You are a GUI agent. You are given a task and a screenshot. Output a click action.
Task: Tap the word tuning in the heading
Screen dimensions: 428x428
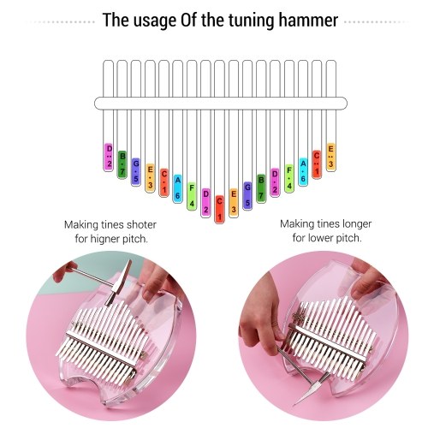point(252,21)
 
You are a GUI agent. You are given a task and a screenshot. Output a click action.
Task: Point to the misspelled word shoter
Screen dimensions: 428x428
point(141,224)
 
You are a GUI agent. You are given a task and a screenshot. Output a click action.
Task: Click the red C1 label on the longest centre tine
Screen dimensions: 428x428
point(219,209)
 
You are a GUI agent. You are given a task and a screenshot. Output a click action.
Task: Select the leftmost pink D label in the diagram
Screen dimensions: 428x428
point(109,157)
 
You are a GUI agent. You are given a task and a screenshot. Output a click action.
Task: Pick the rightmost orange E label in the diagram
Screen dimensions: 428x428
point(330,157)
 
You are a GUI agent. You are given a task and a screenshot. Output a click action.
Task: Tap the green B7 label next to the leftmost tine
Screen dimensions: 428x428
point(122,164)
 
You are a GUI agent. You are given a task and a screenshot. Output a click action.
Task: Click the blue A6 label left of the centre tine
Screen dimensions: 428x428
point(177,188)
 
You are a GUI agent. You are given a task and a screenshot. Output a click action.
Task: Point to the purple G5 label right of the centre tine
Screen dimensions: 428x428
point(247,196)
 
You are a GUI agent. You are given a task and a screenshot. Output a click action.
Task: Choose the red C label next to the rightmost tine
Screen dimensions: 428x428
point(317,164)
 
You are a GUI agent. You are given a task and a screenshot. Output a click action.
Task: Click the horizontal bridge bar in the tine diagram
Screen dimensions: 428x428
point(221,103)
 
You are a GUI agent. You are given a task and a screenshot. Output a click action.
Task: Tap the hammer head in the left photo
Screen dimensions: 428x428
point(119,282)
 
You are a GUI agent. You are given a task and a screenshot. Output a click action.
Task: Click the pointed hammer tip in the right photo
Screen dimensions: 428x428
point(295,403)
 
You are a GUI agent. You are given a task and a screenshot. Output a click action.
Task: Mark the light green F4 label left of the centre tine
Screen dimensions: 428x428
point(192,196)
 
